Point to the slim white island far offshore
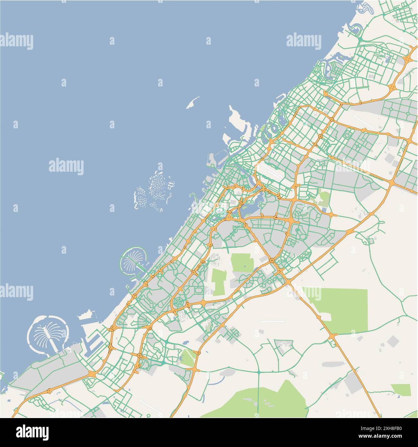[193, 103]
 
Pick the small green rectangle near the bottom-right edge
[401, 390]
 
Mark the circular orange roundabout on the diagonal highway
[272, 260]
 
